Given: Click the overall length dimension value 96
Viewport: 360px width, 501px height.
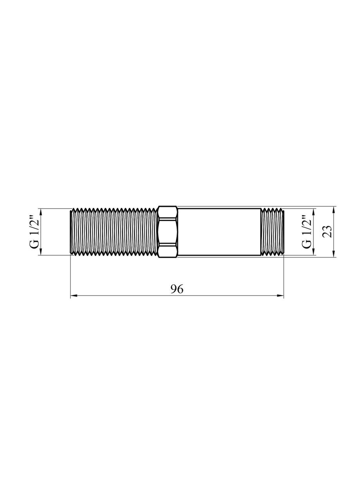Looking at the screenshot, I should pos(177,289).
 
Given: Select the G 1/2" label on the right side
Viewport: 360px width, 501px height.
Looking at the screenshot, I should pos(307,232).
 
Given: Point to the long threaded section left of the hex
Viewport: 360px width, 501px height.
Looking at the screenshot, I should pos(113,232).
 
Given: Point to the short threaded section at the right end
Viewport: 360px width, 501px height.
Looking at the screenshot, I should pos(273,232).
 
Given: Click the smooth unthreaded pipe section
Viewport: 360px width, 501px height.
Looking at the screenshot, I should pos(219,232).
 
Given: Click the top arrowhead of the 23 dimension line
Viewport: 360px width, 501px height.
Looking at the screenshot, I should pos(333,209).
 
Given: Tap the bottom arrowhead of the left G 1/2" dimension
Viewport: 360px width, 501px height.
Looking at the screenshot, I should pos(41,252).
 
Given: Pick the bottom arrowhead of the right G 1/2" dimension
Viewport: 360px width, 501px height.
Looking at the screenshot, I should pos(313,252).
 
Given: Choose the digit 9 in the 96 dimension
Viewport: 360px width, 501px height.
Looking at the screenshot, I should pos(174,289).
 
